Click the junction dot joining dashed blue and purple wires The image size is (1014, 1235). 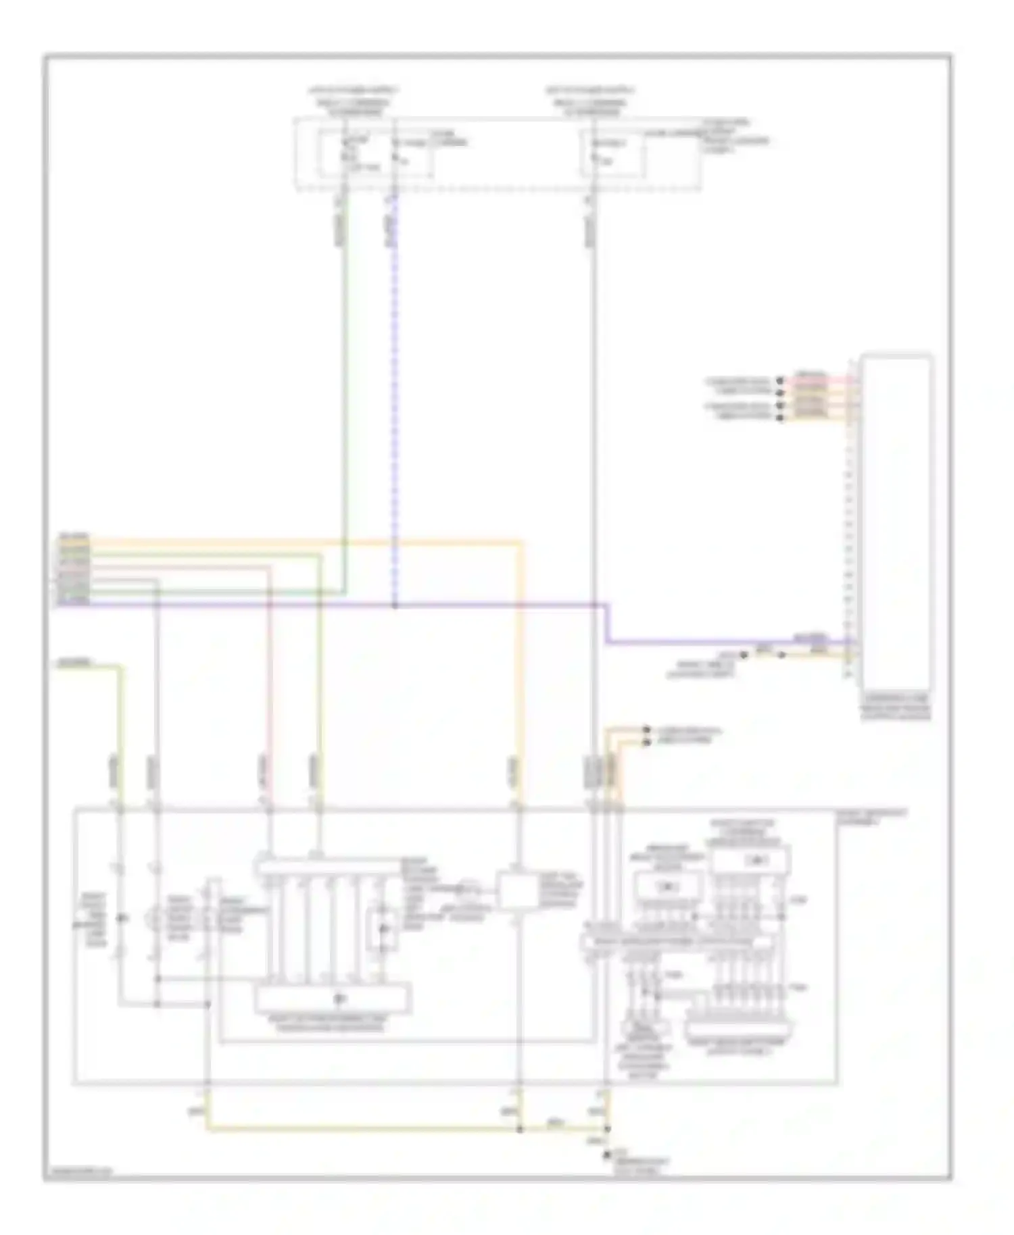(395, 605)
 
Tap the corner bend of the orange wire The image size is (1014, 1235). (521, 542)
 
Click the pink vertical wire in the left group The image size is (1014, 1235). (269, 676)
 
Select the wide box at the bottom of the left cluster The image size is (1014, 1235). (333, 999)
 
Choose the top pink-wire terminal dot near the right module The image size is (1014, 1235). (780, 381)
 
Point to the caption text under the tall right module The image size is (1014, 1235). (895, 707)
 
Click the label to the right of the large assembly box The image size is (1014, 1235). (871, 817)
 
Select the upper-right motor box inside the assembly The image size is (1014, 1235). (750, 860)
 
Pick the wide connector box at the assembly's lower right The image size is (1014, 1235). (736, 1030)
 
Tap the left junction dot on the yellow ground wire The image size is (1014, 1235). (519, 1128)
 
